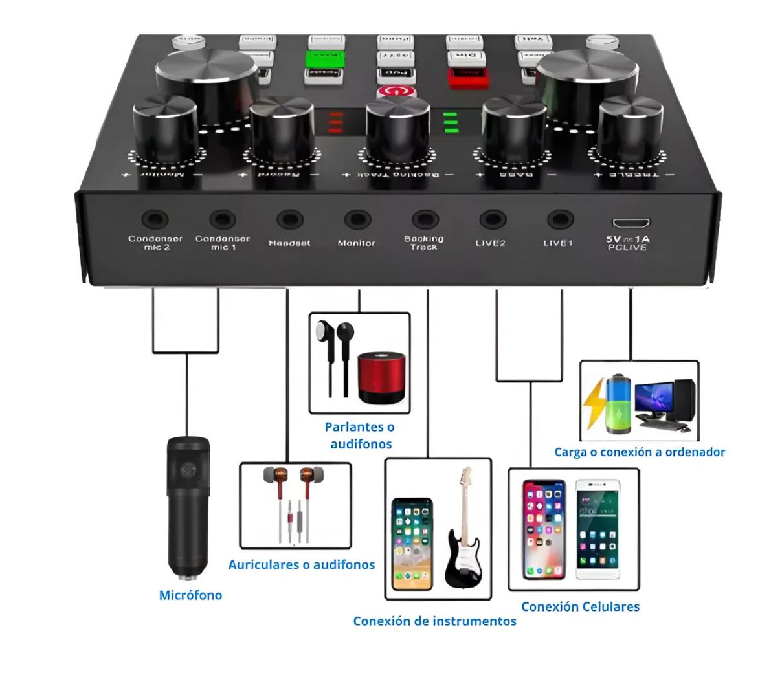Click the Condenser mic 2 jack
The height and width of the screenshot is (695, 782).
pyautogui.click(x=155, y=220)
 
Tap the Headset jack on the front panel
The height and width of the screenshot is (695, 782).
pyautogui.click(x=289, y=220)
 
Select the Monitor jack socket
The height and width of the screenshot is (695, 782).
pyautogui.click(x=357, y=220)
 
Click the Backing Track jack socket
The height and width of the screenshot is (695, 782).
pyautogui.click(x=424, y=220)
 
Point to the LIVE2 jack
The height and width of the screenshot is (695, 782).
pyautogui.click(x=492, y=220)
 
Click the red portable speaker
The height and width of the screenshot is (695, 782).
pyautogui.click(x=381, y=377)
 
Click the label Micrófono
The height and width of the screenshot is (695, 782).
pyautogui.click(x=190, y=595)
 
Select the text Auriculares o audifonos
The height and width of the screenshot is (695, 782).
pyautogui.click(x=301, y=564)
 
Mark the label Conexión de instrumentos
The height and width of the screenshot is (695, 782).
pyautogui.click(x=434, y=621)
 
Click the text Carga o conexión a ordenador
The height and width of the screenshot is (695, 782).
pyautogui.click(x=639, y=452)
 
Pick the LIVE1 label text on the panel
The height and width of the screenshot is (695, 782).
pyautogui.click(x=557, y=243)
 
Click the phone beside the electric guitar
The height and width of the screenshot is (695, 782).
pyautogui.click(x=412, y=544)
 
